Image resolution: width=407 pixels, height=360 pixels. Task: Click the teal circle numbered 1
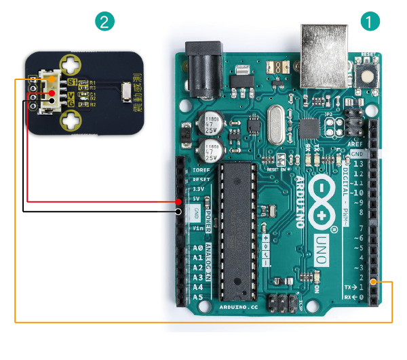pos(370,21)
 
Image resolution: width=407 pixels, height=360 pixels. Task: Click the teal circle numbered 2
pos(104,21)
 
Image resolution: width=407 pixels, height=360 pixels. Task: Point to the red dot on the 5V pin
pos(178,201)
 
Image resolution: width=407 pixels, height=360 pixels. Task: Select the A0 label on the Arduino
pos(198,249)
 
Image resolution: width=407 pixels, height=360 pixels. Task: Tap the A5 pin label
pos(198,297)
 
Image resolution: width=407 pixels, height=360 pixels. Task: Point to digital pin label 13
pos(357,163)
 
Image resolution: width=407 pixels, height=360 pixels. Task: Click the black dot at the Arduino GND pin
pos(178,212)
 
